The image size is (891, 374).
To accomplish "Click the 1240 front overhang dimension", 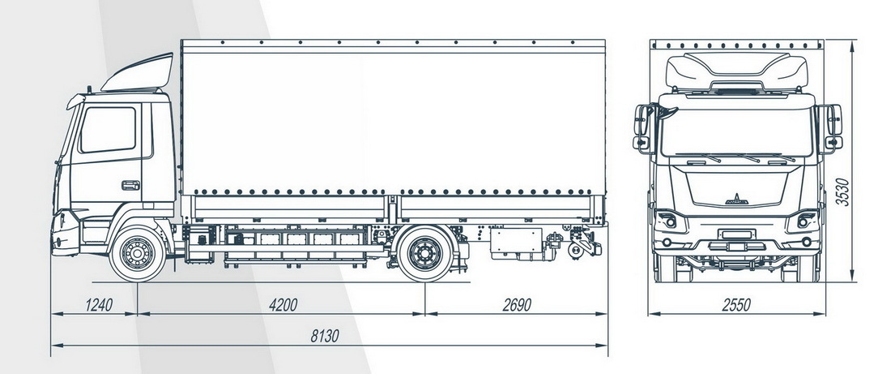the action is [99, 304].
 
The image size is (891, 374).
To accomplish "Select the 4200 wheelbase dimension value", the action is [283, 304].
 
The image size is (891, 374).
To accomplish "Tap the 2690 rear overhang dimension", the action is [517, 304].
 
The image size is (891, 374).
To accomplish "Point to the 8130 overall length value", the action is [325, 336].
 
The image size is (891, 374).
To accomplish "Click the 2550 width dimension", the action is [736, 304].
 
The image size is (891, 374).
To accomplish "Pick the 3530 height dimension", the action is [844, 192].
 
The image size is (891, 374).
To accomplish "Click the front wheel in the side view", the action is [138, 253].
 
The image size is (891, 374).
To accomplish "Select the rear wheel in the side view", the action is [425, 253].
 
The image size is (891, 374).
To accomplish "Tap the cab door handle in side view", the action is [130, 185].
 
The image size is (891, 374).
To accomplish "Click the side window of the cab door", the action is [108, 130].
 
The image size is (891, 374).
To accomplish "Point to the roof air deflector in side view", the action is [138, 73].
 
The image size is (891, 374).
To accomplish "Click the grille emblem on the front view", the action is [736, 200].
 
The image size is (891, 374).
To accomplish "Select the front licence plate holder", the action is [736, 234].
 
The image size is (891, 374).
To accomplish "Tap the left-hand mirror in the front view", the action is [642, 129].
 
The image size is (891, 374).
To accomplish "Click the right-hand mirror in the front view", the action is [833, 128].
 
